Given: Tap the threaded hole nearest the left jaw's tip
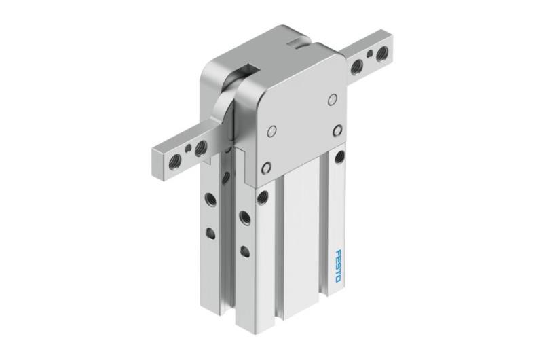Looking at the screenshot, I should point(174,158).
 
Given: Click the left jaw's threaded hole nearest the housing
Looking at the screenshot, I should point(201,147).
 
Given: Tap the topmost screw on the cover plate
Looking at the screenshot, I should point(332,99).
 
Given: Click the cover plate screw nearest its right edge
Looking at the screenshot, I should point(338,129).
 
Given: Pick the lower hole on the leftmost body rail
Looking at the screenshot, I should point(210,234).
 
